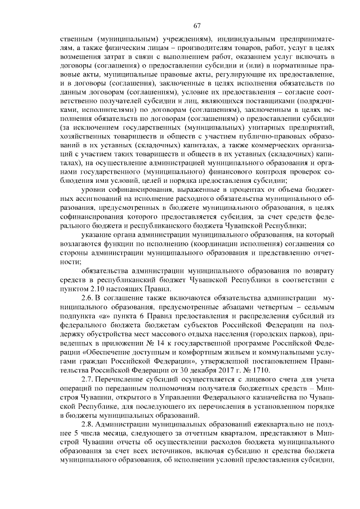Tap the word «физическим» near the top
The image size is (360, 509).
tap(117, 48)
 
